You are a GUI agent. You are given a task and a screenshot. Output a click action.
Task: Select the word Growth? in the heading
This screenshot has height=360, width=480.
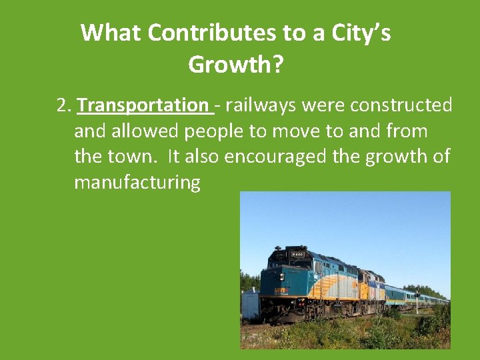(x=236, y=65)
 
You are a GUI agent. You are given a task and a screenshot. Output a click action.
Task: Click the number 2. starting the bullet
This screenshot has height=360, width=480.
(x=64, y=105)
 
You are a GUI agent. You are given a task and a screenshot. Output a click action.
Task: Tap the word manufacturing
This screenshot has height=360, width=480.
(x=137, y=182)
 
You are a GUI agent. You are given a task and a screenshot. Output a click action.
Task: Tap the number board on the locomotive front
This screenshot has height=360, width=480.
(x=296, y=254)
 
